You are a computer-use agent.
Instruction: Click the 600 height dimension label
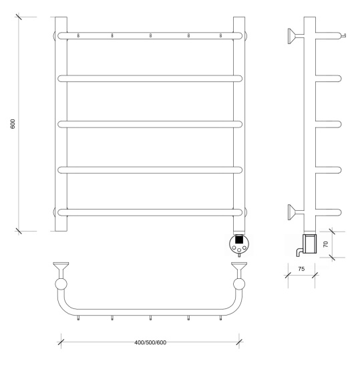pos(13,124)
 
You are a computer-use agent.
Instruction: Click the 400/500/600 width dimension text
pos(150,342)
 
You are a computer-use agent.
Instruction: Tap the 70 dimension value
pos(325,244)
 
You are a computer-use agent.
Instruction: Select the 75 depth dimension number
pos(301,269)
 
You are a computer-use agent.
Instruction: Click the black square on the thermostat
pos(238,240)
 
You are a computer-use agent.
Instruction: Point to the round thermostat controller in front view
pos(238,244)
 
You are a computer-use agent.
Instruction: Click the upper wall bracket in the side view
pos(296,36)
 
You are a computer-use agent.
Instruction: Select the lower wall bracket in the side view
pos(296,212)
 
